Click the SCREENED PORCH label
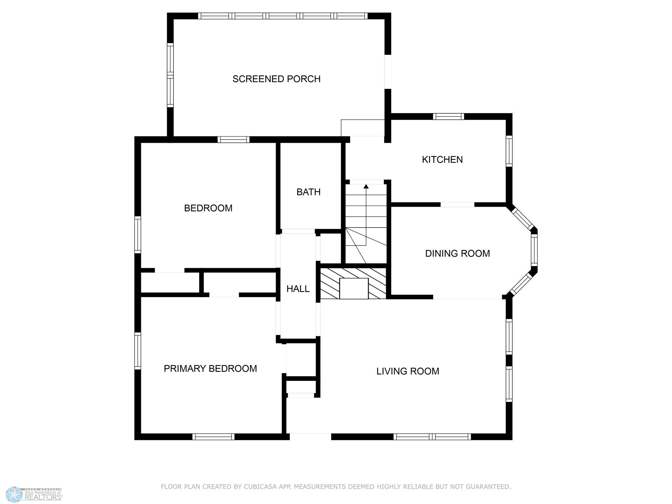click(276, 79)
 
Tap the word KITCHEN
click(442, 159)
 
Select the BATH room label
click(309, 192)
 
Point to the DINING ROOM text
click(457, 253)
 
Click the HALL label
click(298, 289)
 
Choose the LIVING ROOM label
click(408, 371)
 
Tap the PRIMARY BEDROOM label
click(210, 368)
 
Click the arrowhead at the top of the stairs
click(366, 186)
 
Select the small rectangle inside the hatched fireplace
click(354, 289)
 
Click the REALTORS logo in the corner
click(35, 494)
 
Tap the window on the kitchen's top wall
click(448, 117)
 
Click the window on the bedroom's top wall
click(233, 140)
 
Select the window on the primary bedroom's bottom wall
click(213, 437)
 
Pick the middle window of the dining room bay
click(534, 250)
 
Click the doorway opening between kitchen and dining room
click(457, 205)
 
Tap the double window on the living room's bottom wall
click(432, 437)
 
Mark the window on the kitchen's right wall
click(509, 151)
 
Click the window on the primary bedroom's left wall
click(138, 351)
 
